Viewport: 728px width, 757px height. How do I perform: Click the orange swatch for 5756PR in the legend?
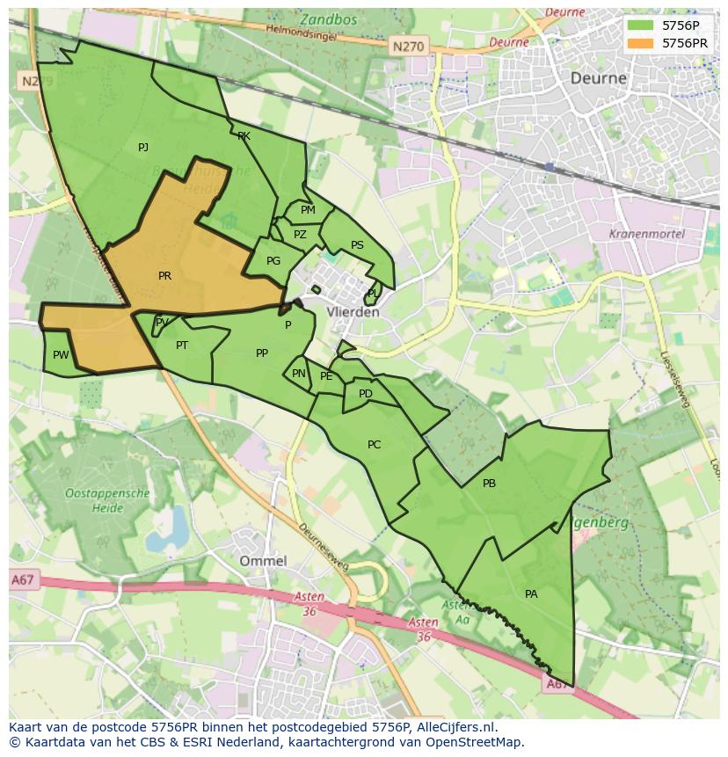(641, 43)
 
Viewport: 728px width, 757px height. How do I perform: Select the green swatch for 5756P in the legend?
(641, 25)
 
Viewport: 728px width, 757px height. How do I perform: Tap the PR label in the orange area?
(164, 276)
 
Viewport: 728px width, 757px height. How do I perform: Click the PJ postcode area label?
(143, 148)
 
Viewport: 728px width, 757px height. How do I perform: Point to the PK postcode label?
(244, 136)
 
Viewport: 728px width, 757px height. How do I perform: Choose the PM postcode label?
(308, 210)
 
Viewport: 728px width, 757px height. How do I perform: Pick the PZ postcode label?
(300, 235)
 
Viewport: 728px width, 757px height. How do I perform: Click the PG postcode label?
(273, 261)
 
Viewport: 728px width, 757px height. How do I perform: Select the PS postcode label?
(357, 245)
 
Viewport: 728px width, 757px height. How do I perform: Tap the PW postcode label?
(61, 355)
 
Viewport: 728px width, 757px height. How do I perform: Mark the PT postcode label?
(182, 346)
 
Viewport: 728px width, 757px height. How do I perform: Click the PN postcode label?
(299, 374)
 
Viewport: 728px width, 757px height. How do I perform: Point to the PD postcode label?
(366, 394)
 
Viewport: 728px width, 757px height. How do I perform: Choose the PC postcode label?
(374, 445)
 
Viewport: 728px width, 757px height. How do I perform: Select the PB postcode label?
(489, 484)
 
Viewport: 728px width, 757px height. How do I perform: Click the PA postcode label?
(531, 594)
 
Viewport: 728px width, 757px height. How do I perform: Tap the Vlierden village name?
(353, 312)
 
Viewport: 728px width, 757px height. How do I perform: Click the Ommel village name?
(263, 561)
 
